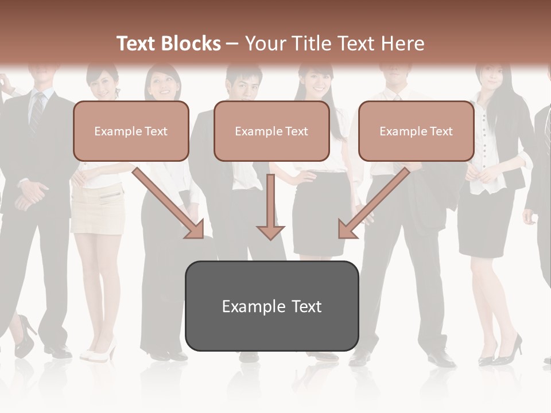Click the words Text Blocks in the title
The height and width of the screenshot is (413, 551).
pyautogui.click(x=168, y=44)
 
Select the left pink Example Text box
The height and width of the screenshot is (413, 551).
pyautogui.click(x=131, y=131)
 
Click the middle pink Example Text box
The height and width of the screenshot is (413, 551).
pyautogui.click(x=271, y=131)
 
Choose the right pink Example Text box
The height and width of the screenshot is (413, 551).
pyautogui.click(x=416, y=131)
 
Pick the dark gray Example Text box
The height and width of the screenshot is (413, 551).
pyautogui.click(x=271, y=306)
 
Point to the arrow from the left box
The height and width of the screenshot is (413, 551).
pyautogui.click(x=169, y=204)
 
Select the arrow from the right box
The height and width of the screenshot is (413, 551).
pyautogui.click(x=373, y=204)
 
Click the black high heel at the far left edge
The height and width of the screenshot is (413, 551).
pyautogui.click(x=24, y=338)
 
